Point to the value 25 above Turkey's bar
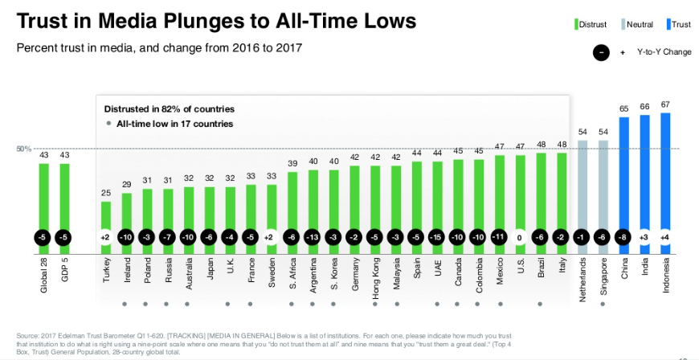coord(106,193)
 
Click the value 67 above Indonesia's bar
coord(665,104)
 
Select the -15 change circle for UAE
coord(438,239)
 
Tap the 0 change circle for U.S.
coord(521,239)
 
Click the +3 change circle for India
coord(644,239)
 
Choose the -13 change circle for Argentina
coord(313,239)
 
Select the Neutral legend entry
coord(636,24)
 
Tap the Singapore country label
coord(603,276)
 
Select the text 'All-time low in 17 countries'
coord(174,124)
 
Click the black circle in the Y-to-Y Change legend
coord(601,52)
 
